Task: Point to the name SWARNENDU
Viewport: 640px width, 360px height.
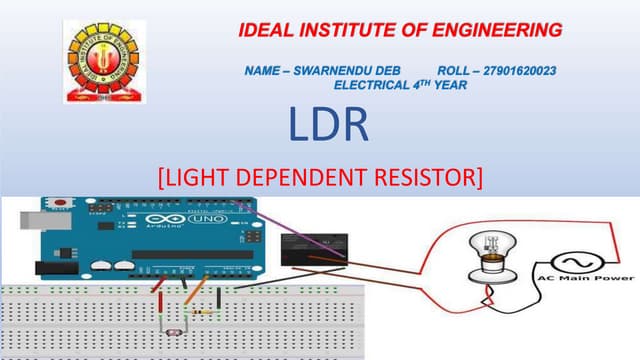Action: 349,72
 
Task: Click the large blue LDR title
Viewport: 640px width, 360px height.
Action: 329,126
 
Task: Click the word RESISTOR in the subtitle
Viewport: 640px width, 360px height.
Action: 429,178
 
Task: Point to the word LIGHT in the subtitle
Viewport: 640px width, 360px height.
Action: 200,178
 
